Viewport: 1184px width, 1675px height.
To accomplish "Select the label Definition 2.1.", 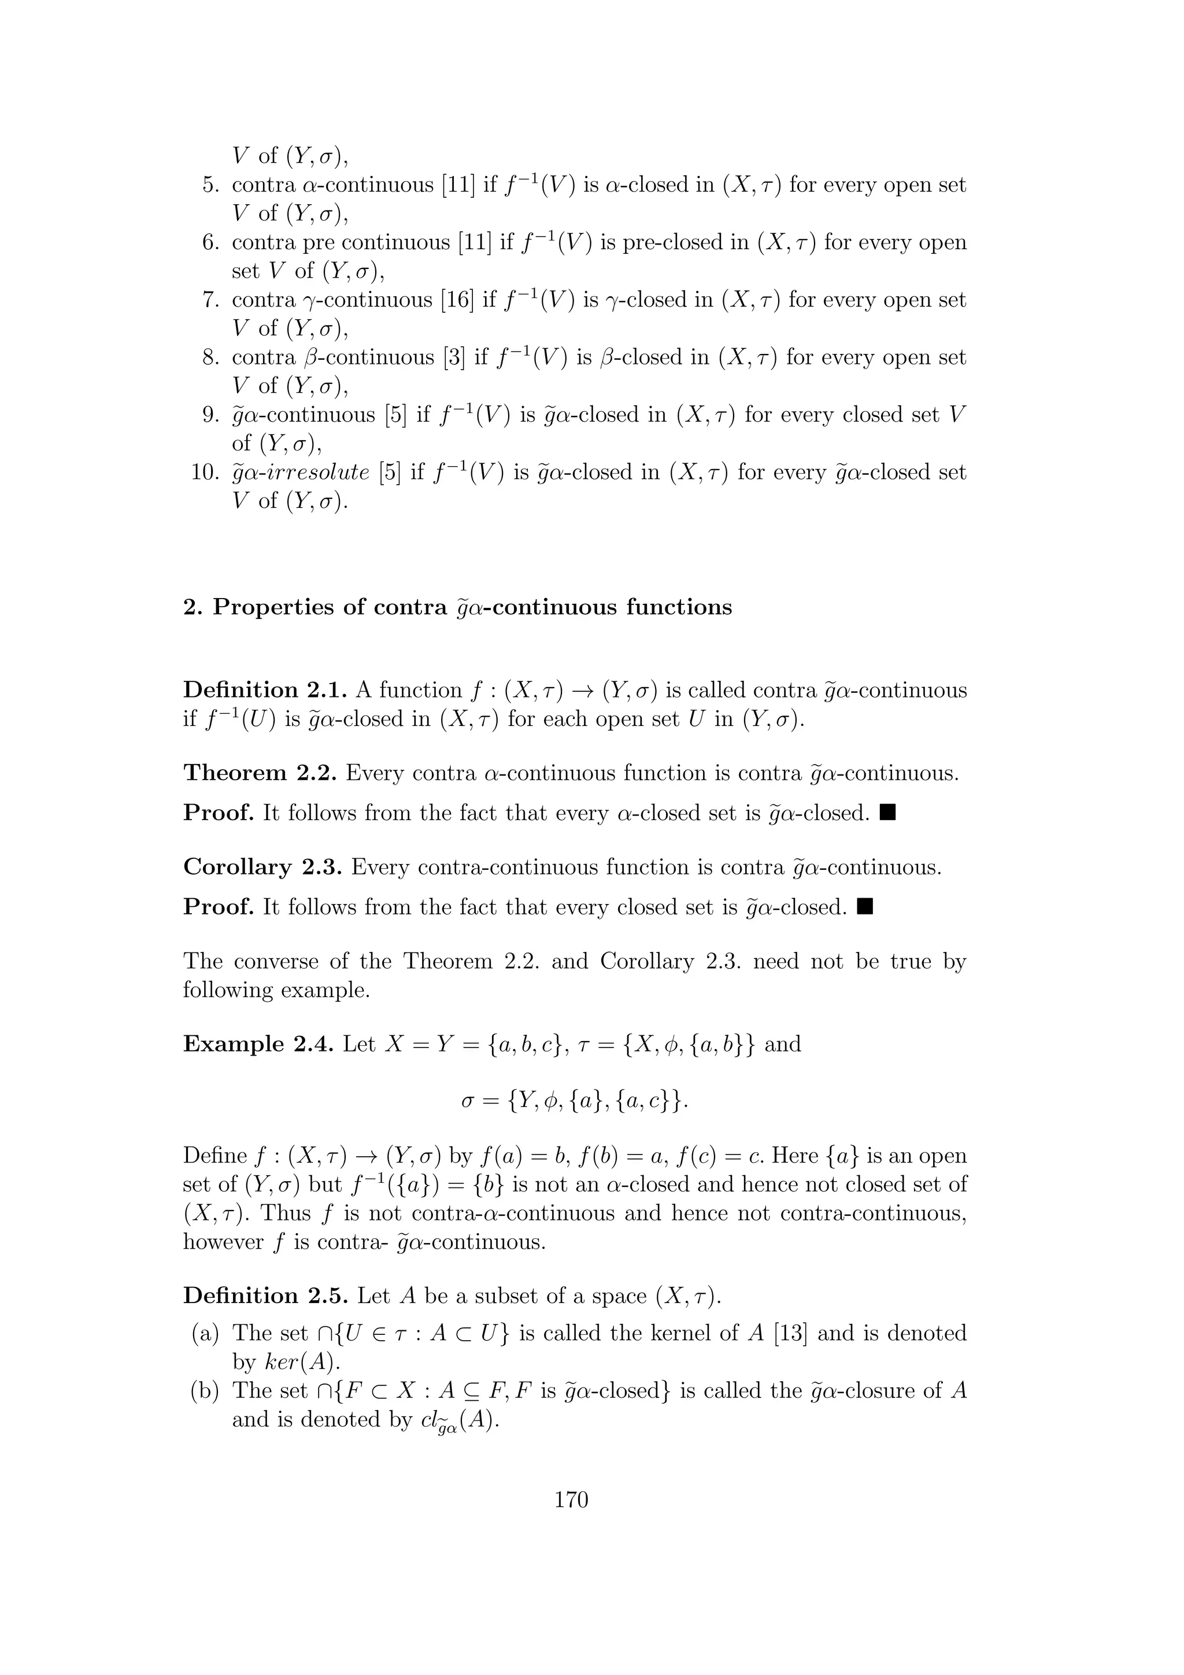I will [x=262, y=689].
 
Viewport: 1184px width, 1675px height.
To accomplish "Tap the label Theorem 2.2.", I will [x=260, y=773].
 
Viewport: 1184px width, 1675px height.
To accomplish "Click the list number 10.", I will [x=205, y=472].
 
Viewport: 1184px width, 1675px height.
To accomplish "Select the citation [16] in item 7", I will [x=457, y=300].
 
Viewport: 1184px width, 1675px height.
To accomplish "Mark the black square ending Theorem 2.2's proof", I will [x=887, y=812].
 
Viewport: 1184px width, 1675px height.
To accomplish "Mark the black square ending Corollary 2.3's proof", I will [x=865, y=906].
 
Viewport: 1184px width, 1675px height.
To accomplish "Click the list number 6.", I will [x=210, y=242].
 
